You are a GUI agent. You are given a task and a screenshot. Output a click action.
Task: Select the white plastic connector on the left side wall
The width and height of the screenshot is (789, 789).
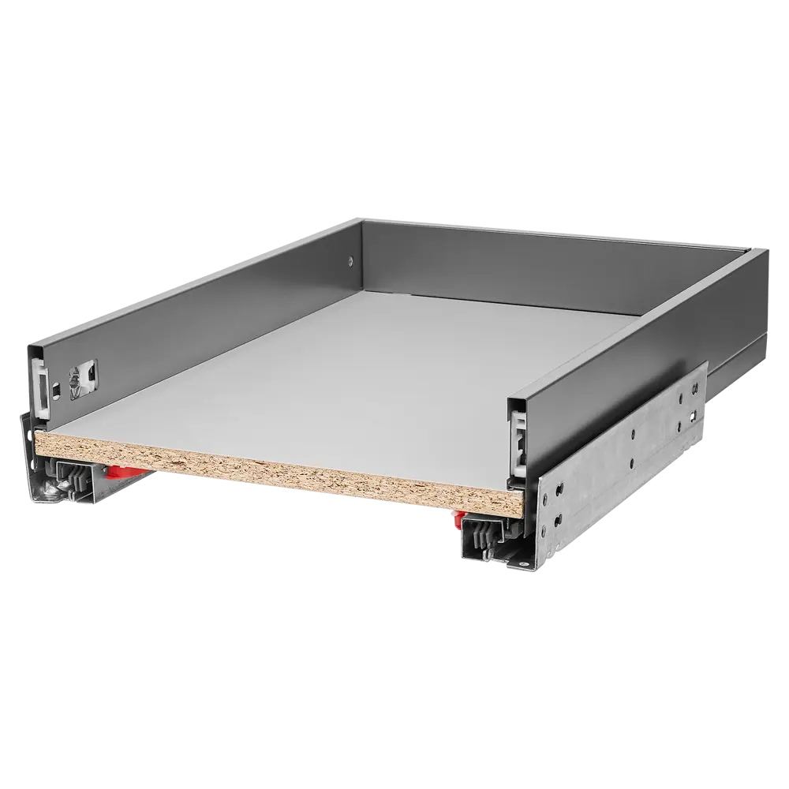(x=41, y=380)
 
